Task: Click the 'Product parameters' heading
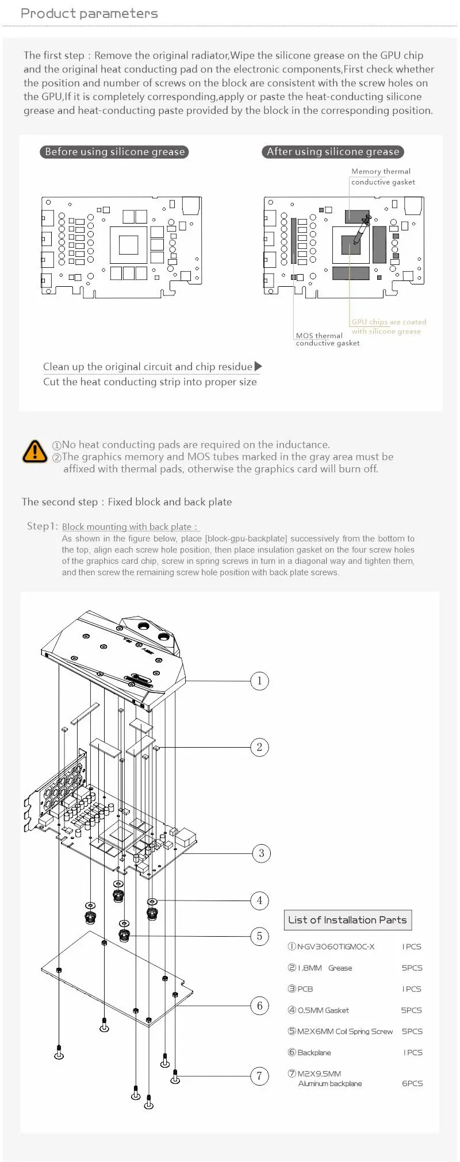point(89,14)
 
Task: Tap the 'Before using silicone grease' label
point(114,152)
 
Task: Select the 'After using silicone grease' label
point(333,152)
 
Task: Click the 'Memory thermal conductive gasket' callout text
point(382,176)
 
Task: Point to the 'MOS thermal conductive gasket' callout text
point(327,339)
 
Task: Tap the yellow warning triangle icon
point(34,451)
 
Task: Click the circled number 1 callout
point(259,681)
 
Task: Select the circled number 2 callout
point(259,747)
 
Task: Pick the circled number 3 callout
point(262,853)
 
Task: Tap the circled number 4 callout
point(259,900)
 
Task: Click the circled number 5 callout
point(259,936)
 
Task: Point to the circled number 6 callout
point(259,1005)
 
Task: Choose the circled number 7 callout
point(259,1076)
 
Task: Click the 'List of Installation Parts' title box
point(347,919)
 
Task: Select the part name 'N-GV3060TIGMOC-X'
point(335,946)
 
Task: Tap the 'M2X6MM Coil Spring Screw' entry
point(344,1031)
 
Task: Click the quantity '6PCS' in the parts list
point(412,1083)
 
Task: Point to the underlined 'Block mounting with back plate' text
point(129,526)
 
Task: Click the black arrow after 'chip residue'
point(258,366)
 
